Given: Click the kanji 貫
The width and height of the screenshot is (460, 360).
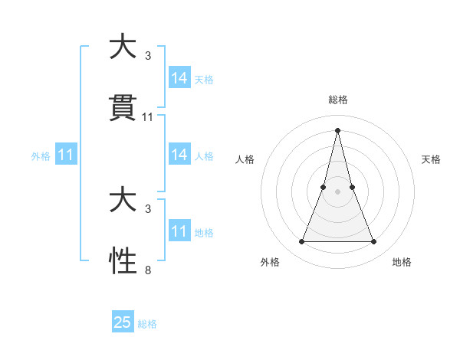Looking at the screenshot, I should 123,109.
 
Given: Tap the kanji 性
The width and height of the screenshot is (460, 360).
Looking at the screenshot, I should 123,261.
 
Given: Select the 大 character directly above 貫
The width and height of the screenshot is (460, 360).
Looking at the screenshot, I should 123,47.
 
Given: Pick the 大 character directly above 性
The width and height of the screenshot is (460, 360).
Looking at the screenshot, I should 123,200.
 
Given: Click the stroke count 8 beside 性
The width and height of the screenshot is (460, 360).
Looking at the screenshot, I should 148,270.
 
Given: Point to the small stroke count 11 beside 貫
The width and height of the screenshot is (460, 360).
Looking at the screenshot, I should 148,117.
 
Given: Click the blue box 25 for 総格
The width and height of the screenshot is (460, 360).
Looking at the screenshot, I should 123,322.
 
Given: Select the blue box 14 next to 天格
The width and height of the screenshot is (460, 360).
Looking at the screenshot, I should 179,78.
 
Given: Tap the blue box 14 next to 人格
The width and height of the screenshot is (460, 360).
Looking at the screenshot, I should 179,155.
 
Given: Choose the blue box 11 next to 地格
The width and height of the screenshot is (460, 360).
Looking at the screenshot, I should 179,231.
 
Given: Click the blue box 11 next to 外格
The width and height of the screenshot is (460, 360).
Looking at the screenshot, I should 66,155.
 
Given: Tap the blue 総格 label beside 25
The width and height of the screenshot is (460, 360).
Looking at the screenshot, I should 148,324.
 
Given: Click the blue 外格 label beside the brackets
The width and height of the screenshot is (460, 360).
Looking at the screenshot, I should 41,156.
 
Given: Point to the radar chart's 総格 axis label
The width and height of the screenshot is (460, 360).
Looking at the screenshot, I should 337,100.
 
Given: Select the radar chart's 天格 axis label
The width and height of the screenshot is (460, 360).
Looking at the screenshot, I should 432,159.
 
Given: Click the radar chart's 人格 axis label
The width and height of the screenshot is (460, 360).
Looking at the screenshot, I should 245,159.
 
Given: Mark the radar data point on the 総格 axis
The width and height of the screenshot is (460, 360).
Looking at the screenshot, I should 337,129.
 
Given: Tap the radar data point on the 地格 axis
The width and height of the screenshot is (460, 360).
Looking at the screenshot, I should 374,242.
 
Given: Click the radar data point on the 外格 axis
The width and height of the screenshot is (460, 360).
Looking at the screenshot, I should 301,242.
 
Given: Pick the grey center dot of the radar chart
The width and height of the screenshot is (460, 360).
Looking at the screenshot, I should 337,191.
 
